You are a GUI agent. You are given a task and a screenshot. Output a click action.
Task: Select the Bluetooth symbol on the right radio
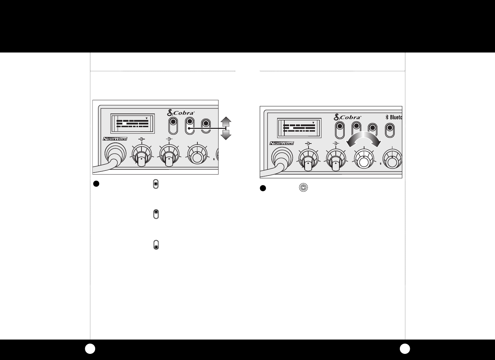(x=387, y=117)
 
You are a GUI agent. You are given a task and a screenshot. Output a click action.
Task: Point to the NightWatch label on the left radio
(x=115, y=139)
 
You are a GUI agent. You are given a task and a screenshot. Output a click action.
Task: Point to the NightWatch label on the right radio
(x=282, y=143)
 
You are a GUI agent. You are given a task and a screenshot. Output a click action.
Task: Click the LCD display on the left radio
(x=133, y=123)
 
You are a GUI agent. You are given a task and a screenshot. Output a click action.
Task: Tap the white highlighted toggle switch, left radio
(x=190, y=126)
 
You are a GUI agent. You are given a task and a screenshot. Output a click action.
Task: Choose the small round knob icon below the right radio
(x=303, y=188)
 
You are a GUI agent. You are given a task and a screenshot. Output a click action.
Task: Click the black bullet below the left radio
(x=96, y=183)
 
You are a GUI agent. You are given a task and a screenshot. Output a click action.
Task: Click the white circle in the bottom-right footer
(x=405, y=349)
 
